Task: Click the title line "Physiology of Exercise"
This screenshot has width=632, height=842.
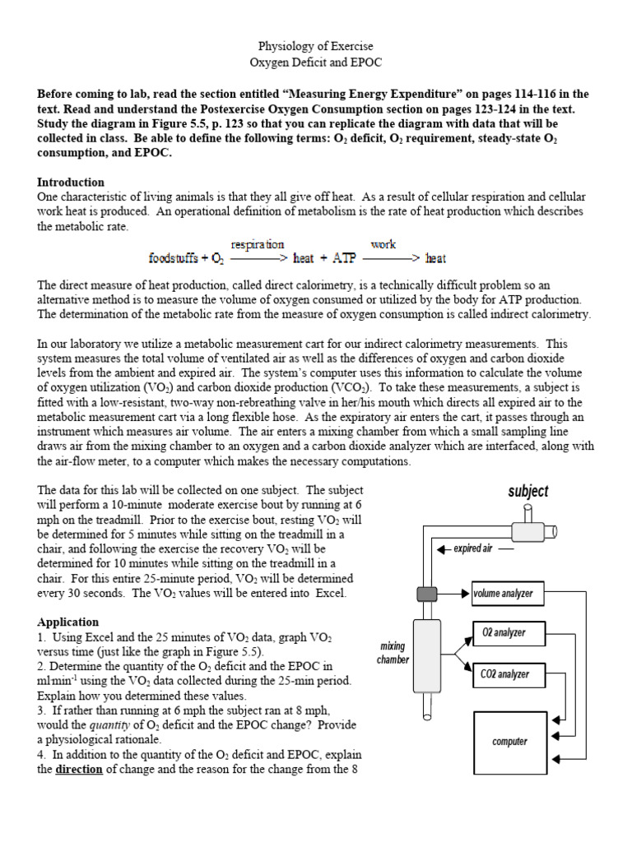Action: click(x=316, y=47)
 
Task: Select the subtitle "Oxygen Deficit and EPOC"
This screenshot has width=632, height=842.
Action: click(x=316, y=62)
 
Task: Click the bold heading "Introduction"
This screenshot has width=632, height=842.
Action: click(x=71, y=182)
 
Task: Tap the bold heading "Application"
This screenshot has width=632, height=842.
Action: click(x=67, y=622)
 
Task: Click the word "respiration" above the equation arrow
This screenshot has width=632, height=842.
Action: click(x=258, y=244)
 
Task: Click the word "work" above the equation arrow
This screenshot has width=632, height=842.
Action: click(x=383, y=244)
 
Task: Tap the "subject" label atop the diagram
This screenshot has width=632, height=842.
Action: click(x=527, y=491)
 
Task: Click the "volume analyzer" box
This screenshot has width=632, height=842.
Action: click(x=502, y=593)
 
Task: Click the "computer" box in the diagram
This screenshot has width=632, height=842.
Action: click(x=509, y=742)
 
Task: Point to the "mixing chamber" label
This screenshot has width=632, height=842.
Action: click(x=393, y=653)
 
